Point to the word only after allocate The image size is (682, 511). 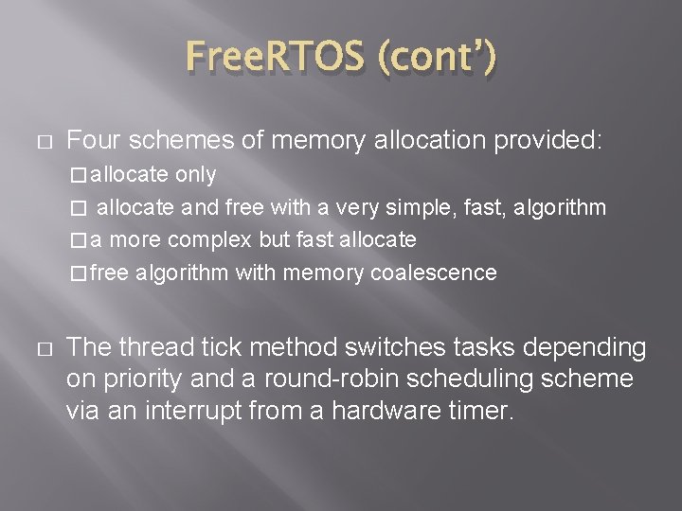196,175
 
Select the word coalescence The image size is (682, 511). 435,273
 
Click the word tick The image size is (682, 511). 208,347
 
